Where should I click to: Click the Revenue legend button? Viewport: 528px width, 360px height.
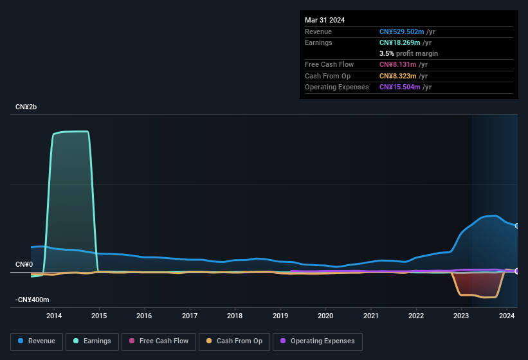coord(37,341)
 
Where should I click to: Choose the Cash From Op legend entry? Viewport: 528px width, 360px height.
coord(235,341)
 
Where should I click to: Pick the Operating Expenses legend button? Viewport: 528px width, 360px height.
coord(318,341)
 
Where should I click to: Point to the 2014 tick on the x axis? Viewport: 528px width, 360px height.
coord(54,316)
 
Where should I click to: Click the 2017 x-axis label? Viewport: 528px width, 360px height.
coord(190,316)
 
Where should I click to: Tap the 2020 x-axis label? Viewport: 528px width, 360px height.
coord(325,316)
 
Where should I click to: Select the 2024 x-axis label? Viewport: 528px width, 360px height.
coord(506,316)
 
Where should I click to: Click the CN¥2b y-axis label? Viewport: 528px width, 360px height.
coord(26,107)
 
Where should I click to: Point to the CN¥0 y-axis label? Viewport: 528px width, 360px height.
coord(24,265)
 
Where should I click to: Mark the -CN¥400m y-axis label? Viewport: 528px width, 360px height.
coord(32,300)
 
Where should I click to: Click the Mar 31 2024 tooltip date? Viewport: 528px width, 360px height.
coord(325,20)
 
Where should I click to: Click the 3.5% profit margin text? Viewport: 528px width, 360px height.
coord(408,53)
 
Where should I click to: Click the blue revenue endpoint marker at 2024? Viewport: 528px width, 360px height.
coord(517,226)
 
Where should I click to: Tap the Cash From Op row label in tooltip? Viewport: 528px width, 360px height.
coord(327,76)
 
